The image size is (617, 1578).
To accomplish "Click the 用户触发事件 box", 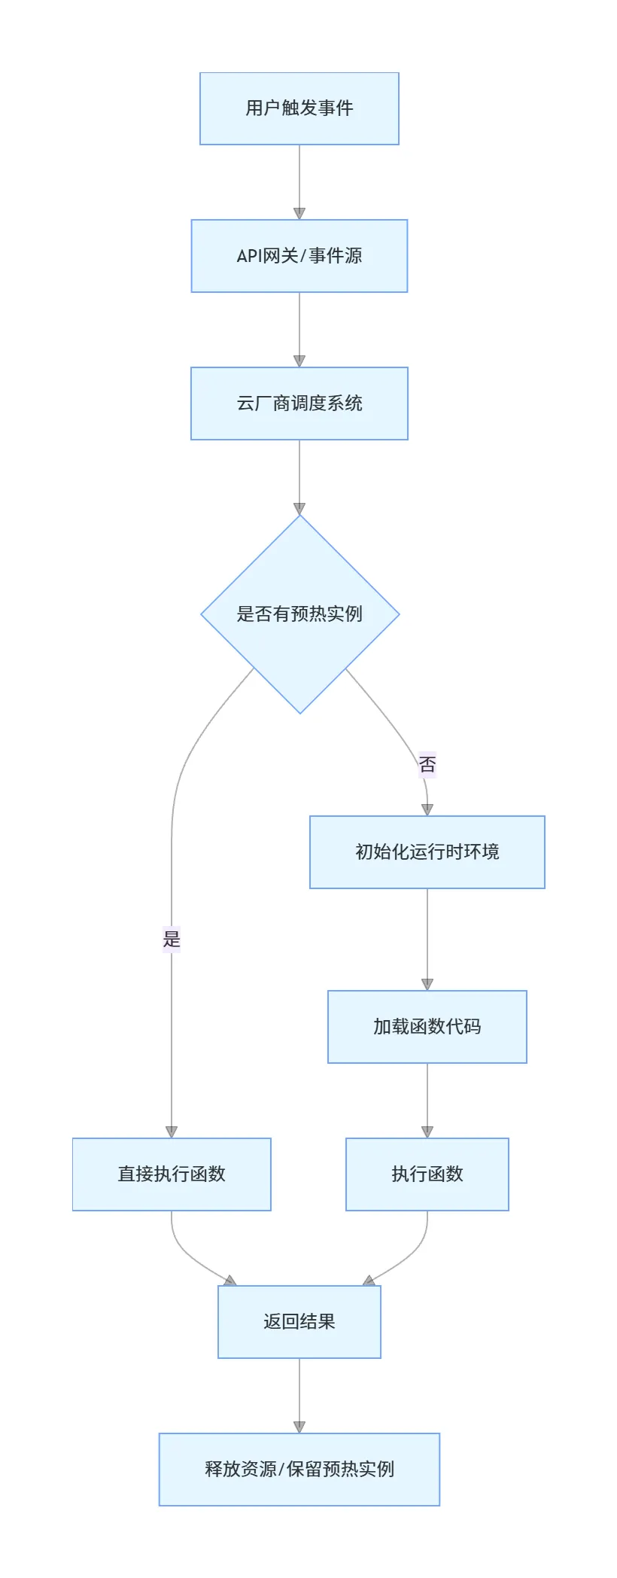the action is (x=299, y=108).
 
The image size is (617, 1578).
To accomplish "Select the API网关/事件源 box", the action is (x=299, y=256).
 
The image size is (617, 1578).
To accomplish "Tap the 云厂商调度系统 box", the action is (x=299, y=404).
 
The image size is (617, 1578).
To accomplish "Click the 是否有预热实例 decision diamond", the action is (x=299, y=614).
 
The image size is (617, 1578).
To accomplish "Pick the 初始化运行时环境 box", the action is (x=427, y=852).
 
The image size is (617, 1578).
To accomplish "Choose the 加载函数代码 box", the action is (x=427, y=1027).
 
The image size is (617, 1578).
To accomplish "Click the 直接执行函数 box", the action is (x=172, y=1174).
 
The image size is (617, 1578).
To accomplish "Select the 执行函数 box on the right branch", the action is (x=427, y=1174).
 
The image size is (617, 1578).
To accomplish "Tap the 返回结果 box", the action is (x=299, y=1322).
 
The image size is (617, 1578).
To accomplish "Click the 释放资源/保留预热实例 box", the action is (x=299, y=1470).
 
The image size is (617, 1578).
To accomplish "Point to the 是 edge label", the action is (x=172, y=939).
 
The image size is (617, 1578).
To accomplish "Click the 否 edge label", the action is (x=427, y=765).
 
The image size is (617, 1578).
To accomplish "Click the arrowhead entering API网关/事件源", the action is (x=299, y=214).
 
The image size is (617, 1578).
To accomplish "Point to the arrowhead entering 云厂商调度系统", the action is (x=299, y=361).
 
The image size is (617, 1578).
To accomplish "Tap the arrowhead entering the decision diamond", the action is (x=299, y=509).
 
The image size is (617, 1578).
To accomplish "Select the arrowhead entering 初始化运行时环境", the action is (x=427, y=810).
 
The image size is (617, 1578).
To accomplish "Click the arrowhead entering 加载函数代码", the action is (x=427, y=985).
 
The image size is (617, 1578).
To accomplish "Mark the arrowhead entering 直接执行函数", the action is (x=172, y=1132).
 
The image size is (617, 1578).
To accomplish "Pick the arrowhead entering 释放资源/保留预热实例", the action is (x=299, y=1427).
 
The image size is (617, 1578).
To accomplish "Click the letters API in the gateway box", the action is (x=249, y=256).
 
